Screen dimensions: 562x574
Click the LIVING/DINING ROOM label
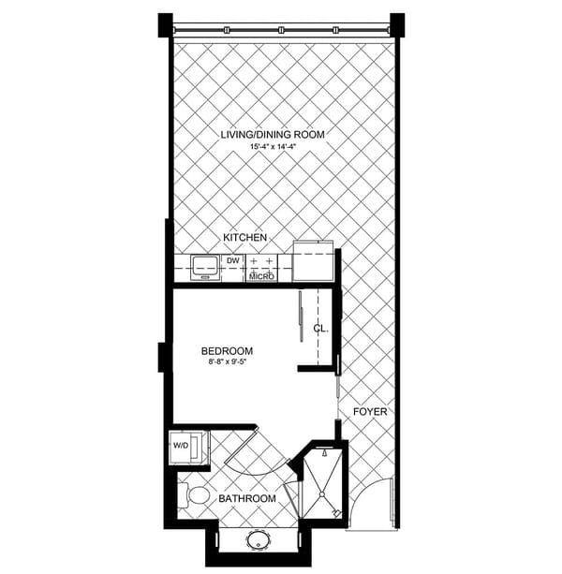pos(273,135)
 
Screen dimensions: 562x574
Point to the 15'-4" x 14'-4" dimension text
pos(273,147)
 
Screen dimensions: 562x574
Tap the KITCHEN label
pos(244,238)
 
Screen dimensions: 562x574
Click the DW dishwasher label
pos(233,260)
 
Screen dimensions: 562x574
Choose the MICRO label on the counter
pos(261,276)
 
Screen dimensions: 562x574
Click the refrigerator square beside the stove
pos(313,261)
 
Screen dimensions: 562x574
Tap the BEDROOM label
pos(227,351)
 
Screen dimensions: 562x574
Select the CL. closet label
pos(320,329)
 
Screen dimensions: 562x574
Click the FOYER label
pos(370,412)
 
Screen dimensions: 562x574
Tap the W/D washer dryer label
pos(181,446)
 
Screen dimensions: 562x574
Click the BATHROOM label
pos(247,498)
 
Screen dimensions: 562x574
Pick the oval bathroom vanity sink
pos(259,539)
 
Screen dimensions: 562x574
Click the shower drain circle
pos(322,494)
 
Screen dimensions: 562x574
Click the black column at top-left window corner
pos(166,25)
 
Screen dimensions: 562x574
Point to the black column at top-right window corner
pos(397,25)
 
